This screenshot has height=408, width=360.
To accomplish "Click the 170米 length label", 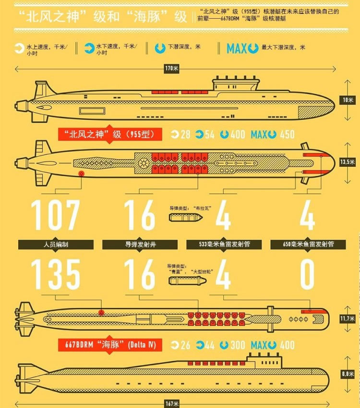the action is pyautogui.click(x=172, y=69).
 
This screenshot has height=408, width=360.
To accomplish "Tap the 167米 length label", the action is pyautogui.click(x=172, y=404).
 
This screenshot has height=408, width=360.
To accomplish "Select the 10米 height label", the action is pyautogui.click(x=348, y=100).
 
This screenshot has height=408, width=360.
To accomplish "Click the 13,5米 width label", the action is pyautogui.click(x=348, y=162).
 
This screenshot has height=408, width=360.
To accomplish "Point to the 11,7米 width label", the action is pyautogui.click(x=348, y=318).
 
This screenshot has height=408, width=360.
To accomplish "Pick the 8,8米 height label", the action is pyautogui.click(x=348, y=374).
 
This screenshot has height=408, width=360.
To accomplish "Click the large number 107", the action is pyautogui.click(x=55, y=215).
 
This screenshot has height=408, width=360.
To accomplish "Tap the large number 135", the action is pyautogui.click(x=55, y=274).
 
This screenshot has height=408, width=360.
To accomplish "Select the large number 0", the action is pyautogui.click(x=307, y=274).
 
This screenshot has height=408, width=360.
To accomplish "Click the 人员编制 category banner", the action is pyautogui.click(x=56, y=245).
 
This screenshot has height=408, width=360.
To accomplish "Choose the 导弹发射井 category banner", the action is pyautogui.click(x=140, y=245).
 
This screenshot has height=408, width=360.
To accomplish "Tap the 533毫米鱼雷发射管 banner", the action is pyautogui.click(x=224, y=245).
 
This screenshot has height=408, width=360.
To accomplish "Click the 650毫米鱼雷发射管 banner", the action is pyautogui.click(x=308, y=245).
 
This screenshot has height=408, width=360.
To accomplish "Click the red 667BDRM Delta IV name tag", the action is pyautogui.click(x=110, y=345).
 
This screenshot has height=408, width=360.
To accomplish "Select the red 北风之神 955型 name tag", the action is pyautogui.click(x=110, y=135).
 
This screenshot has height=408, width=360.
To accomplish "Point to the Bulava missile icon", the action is pyautogui.click(x=186, y=217).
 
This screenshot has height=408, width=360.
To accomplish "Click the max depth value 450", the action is pyautogui.click(x=288, y=135).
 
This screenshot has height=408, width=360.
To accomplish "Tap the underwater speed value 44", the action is pyautogui.click(x=209, y=345).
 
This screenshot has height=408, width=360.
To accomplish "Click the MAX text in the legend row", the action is pyautogui.click(x=237, y=48).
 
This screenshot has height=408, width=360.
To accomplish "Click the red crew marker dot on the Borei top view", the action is pyautogui.click(x=82, y=174).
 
